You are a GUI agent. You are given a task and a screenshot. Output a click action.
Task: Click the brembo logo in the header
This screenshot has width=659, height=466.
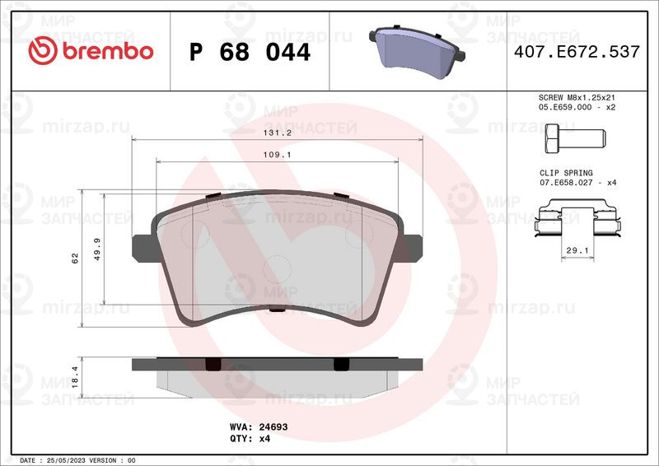click(x=91, y=51)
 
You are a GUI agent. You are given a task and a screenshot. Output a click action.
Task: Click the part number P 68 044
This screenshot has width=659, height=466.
click(x=250, y=52)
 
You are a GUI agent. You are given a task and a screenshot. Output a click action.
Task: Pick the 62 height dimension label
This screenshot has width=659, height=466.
click(x=74, y=259)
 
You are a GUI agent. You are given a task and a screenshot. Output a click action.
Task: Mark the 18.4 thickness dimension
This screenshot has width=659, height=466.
click(x=74, y=376)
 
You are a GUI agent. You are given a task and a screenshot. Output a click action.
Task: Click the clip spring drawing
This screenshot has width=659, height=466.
click(x=577, y=220)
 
